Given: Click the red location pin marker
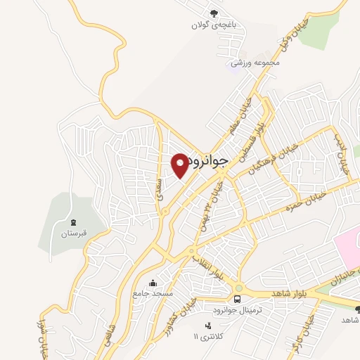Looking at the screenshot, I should tap(181, 165).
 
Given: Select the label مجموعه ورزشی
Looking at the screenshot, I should tap(258, 62).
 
